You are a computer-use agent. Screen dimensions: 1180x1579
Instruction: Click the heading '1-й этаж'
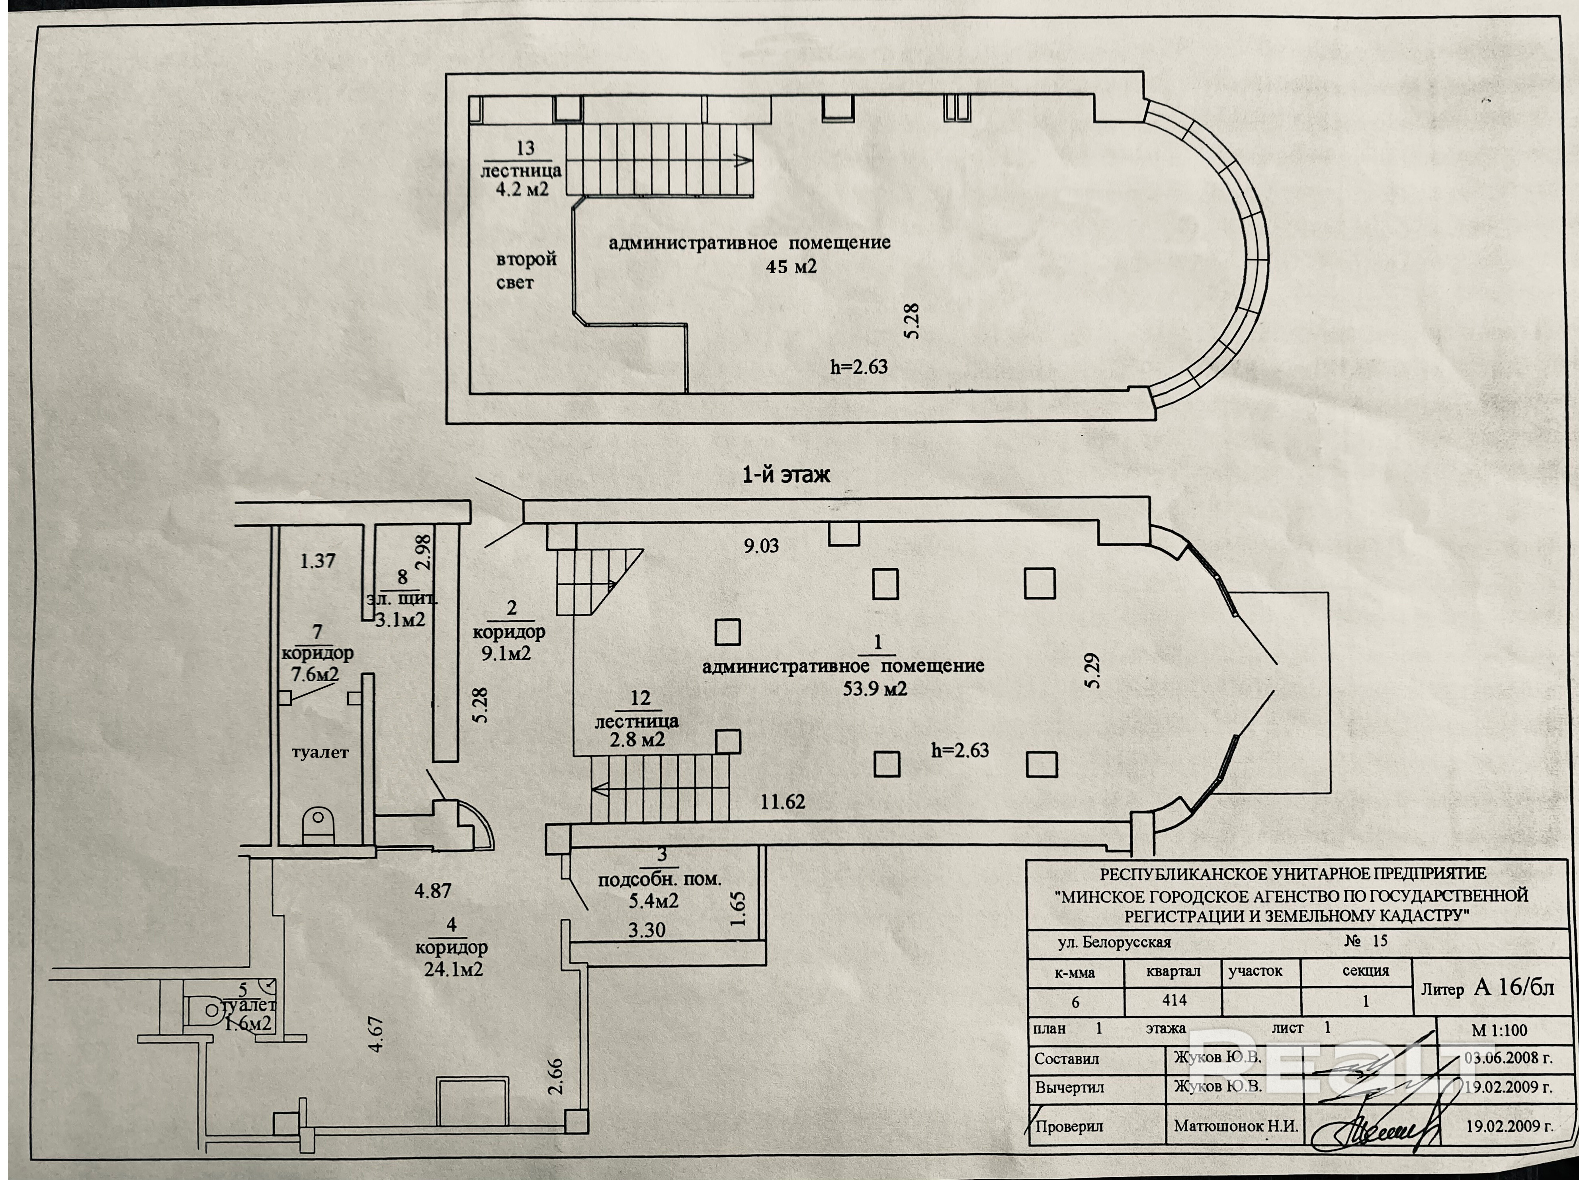click(x=786, y=475)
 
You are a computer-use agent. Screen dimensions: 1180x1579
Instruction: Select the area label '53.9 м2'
click(x=875, y=689)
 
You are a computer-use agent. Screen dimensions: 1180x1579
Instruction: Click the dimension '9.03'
click(x=761, y=546)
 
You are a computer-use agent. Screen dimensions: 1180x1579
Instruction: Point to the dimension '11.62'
click(x=782, y=802)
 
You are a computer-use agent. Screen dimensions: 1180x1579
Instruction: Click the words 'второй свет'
click(x=526, y=271)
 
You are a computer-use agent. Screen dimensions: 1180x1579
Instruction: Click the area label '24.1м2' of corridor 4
click(x=453, y=969)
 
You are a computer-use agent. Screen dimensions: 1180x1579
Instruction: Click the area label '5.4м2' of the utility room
click(x=653, y=901)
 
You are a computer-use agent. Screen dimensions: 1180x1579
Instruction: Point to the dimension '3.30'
click(x=647, y=930)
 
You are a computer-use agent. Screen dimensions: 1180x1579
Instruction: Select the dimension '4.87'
click(x=433, y=891)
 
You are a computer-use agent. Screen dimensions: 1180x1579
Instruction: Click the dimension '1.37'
click(x=317, y=561)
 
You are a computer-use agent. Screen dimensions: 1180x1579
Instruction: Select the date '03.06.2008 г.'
click(x=1508, y=1058)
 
